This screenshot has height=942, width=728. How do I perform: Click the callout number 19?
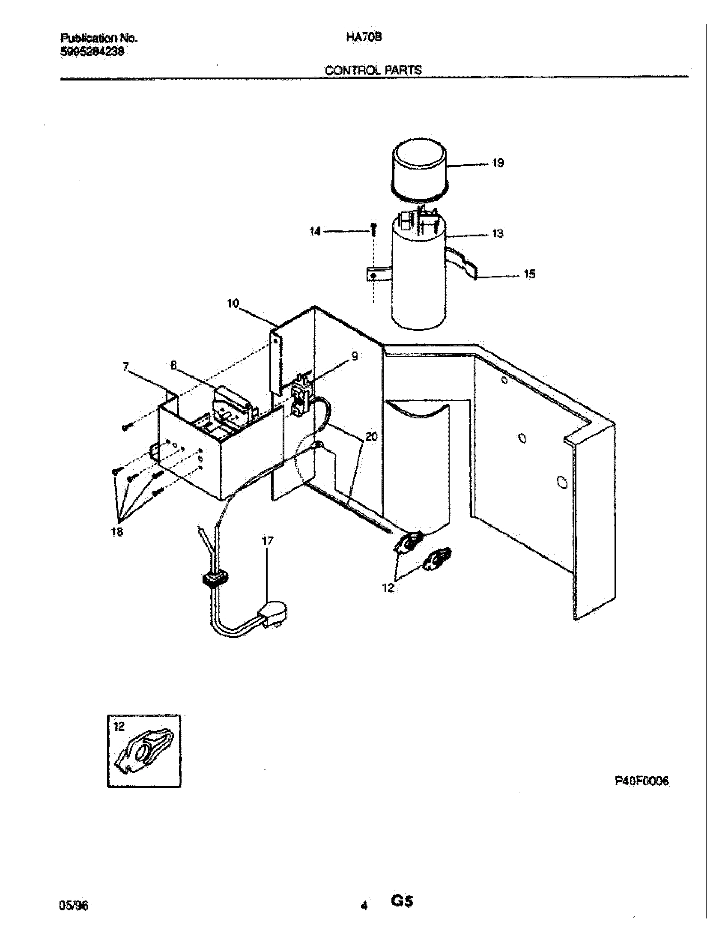498,163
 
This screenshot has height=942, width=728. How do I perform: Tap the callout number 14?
315,232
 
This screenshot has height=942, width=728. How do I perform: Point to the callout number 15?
529,274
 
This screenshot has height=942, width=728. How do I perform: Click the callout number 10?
233,304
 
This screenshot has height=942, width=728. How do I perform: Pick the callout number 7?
125,367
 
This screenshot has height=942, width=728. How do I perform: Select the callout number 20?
371,437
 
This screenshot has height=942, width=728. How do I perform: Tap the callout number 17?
267,541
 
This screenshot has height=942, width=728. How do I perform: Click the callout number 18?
117,532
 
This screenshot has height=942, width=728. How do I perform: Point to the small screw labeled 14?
373,229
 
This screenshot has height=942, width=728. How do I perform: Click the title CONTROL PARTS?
373,70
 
